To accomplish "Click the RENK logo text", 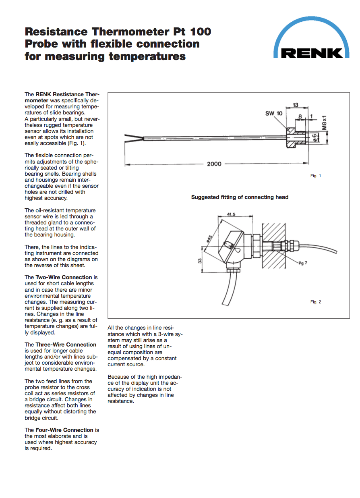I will point(312,53).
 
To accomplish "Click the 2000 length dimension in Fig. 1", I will point(214,164).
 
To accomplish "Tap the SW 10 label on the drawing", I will point(273,113).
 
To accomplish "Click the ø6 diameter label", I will point(315,137).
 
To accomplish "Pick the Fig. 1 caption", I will point(315,176).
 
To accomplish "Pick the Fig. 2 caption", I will point(315,302).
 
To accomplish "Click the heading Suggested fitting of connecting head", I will point(240,197).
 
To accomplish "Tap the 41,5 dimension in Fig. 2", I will point(231,214).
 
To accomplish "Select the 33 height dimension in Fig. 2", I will point(200,260).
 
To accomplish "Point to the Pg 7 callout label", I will point(302,263).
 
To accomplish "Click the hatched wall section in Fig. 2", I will point(274,246).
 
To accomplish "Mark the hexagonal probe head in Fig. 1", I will point(291,137).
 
